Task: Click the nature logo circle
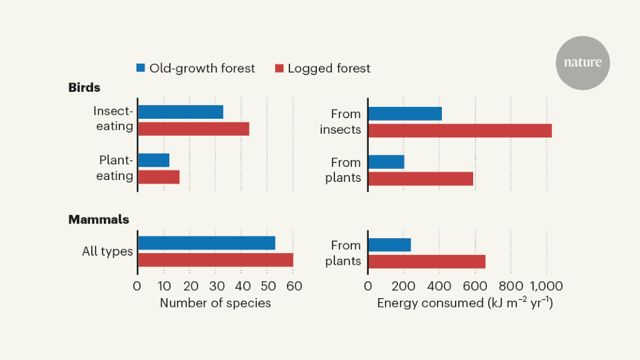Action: pos(582,63)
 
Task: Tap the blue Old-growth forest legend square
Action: pos(141,68)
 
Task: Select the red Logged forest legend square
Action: pos(279,68)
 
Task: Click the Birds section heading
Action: pos(84,87)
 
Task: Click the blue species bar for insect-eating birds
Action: pos(181,112)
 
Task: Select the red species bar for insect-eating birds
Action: pos(194,129)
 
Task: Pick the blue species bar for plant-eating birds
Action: pos(154,160)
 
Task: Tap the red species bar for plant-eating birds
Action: pos(159,177)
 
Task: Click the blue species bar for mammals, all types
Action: pos(206,243)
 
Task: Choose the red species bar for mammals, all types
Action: pos(216,260)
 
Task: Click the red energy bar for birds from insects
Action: pos(459,131)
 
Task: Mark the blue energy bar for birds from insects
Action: pos(405,114)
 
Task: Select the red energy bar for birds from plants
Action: pos(420,179)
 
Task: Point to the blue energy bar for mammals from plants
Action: pos(389,245)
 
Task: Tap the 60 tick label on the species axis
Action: pos(294,286)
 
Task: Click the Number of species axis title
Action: pos(216,303)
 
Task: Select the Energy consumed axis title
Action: pos(465,303)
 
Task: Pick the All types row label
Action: pos(107,252)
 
